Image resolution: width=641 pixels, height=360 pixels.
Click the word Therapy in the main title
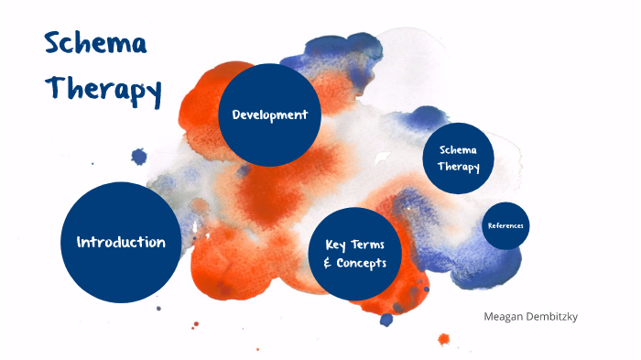(x=103, y=89)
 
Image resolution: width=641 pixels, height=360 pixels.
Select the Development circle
(x=269, y=115)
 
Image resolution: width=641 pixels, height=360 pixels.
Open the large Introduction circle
(x=121, y=243)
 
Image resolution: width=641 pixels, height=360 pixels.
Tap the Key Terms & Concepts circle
(x=355, y=254)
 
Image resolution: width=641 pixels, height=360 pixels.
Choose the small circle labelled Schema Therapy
(x=459, y=158)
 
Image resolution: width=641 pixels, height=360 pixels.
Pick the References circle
(x=505, y=225)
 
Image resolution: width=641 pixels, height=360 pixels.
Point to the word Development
(x=269, y=115)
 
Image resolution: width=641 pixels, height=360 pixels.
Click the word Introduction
(x=121, y=243)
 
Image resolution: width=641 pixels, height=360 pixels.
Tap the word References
(x=505, y=225)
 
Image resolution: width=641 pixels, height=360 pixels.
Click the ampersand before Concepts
(x=328, y=264)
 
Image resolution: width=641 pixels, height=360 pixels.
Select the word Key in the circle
(x=336, y=245)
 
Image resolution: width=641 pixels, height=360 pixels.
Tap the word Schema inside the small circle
(x=459, y=149)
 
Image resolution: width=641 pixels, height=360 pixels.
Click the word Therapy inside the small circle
(x=459, y=167)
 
